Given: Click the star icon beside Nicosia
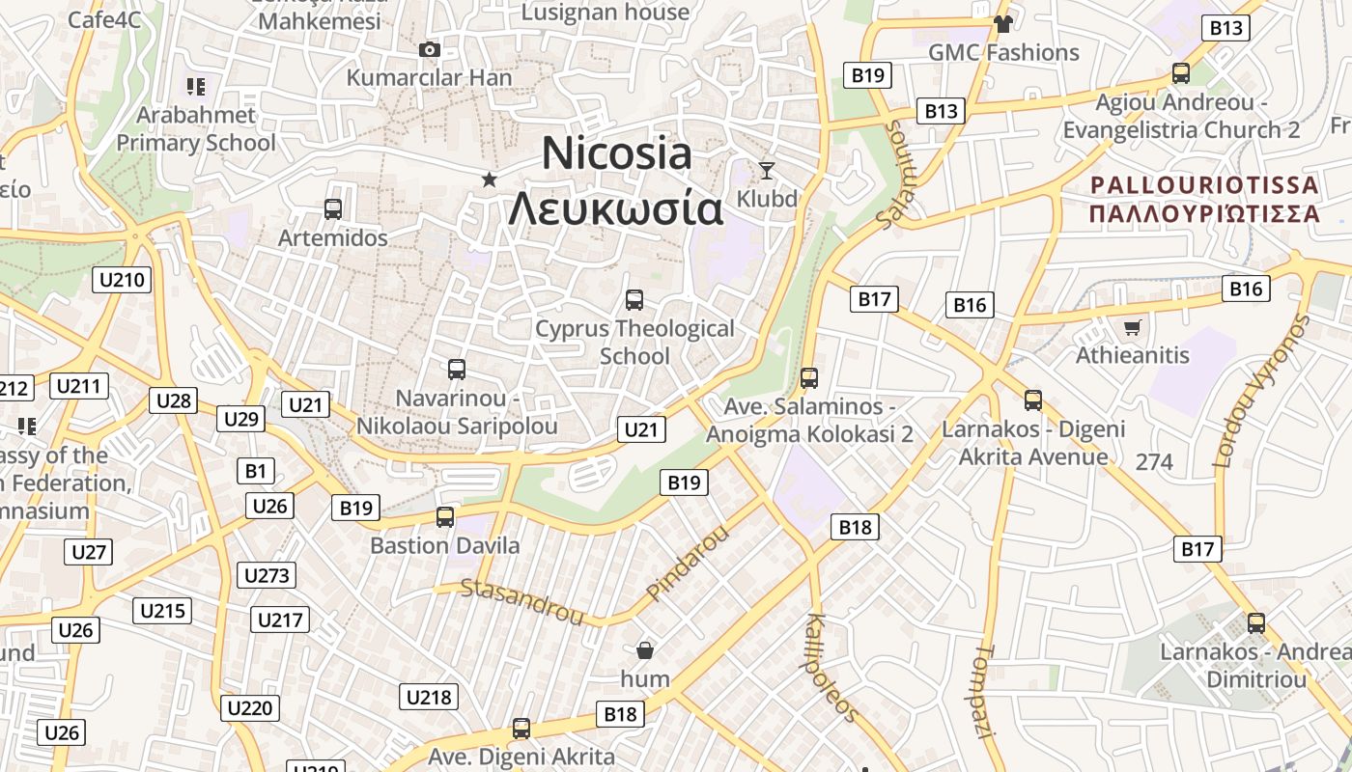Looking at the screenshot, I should coord(490,179).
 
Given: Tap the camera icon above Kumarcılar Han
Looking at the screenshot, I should coord(430,49).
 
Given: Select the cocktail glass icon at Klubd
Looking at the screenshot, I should coord(767,171).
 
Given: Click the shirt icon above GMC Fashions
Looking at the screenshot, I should coord(1003,24).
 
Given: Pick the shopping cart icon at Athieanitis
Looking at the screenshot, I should coord(1133,327).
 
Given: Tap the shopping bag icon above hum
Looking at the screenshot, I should coord(645,650).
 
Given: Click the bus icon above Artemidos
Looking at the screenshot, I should coord(333,208).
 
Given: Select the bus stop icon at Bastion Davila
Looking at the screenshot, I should coord(445,517).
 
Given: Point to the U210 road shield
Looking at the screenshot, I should coord(123,281).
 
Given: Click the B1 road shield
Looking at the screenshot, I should coord(255,471).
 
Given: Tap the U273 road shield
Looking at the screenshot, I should coord(267,576).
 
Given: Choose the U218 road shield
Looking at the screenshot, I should coord(428,697).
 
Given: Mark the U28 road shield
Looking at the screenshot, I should coord(174,400).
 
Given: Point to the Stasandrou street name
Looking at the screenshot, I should coord(522,601).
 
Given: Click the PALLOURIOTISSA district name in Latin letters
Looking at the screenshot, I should coord(1204,184).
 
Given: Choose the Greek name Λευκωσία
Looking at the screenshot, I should coord(616,208).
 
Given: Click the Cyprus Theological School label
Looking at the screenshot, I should coord(634,342).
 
